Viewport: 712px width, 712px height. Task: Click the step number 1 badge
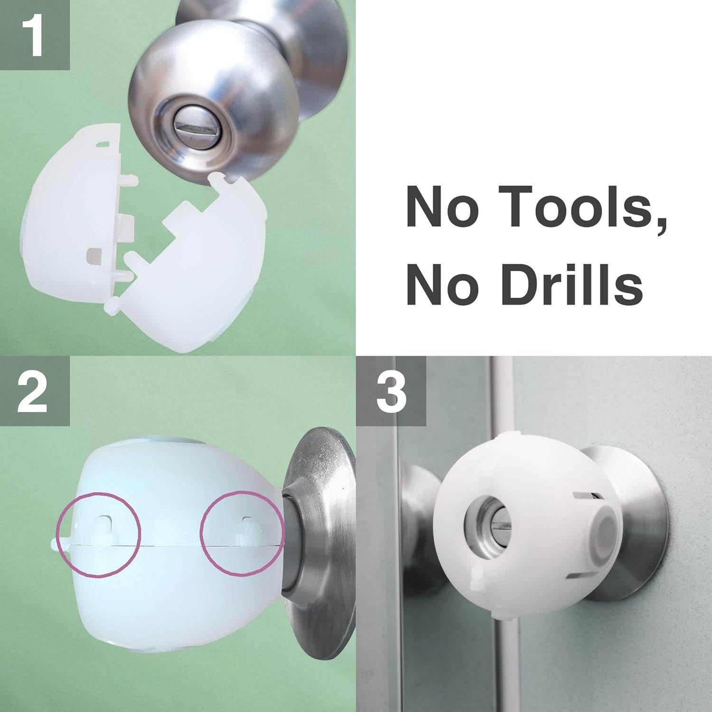tap(34, 34)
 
